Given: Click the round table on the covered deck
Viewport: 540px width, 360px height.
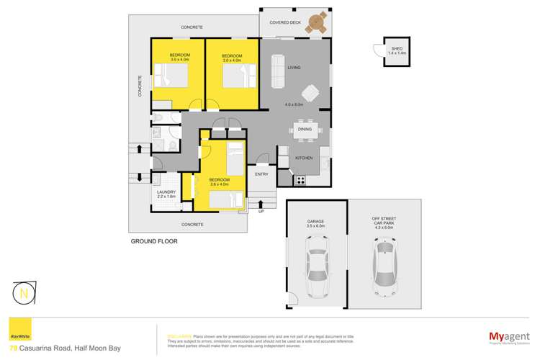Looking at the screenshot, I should pyautogui.click(x=315, y=24).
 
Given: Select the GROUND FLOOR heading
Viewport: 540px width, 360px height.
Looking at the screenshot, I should pyautogui.click(x=154, y=242).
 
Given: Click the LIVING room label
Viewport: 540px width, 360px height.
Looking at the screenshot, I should pyautogui.click(x=294, y=68).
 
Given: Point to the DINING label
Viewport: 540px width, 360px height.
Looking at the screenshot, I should pyautogui.click(x=305, y=130).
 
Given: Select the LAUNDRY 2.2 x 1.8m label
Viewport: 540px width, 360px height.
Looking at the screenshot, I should pyautogui.click(x=166, y=193).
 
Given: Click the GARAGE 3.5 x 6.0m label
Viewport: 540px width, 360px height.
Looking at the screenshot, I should pyautogui.click(x=315, y=223).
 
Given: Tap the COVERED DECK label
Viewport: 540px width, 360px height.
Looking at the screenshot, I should pyautogui.click(x=284, y=22).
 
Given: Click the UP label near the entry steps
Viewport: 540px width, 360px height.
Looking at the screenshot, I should pyautogui.click(x=261, y=212).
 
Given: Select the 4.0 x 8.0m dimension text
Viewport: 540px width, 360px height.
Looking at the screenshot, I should pyautogui.click(x=296, y=105).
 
